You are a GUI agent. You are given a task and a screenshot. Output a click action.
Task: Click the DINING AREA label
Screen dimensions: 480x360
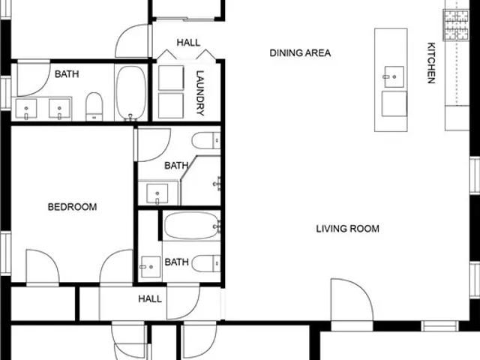[300, 53]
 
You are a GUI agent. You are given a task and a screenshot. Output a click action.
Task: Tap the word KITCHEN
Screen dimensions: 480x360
[431, 63]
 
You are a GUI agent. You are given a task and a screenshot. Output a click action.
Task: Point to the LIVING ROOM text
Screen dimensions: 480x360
[347, 229]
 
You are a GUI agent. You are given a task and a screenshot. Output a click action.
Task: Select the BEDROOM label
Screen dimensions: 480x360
[72, 207]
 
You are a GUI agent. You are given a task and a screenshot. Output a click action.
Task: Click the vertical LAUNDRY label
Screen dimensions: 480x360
[200, 93]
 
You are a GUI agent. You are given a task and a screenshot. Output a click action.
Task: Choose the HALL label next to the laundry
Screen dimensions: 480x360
[188, 43]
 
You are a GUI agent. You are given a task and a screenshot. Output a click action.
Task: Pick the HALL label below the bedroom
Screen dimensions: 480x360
[150, 298]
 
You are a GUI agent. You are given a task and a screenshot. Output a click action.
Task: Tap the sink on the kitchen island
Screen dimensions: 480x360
[394, 76]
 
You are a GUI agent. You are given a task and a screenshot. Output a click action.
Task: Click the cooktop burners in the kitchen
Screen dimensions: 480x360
[456, 25]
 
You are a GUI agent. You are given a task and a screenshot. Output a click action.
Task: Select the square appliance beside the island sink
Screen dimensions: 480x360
[394, 104]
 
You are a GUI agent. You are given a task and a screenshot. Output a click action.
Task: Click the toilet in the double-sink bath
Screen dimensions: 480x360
[94, 106]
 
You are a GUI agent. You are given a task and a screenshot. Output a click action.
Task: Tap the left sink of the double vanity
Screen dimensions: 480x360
[26, 109]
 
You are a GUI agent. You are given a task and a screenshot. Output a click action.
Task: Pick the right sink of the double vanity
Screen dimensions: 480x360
[59, 109]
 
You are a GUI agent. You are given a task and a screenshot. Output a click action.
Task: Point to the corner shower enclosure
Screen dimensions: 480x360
[200, 181]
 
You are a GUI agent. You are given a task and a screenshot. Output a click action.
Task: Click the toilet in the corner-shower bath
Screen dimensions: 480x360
[206, 140]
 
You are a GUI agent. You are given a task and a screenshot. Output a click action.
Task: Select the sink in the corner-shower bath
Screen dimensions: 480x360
[157, 193]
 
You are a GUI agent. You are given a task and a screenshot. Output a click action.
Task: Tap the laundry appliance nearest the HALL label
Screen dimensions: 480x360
[171, 78]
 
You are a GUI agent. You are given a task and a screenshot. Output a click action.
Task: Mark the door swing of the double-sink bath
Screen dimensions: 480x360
[34, 78]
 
